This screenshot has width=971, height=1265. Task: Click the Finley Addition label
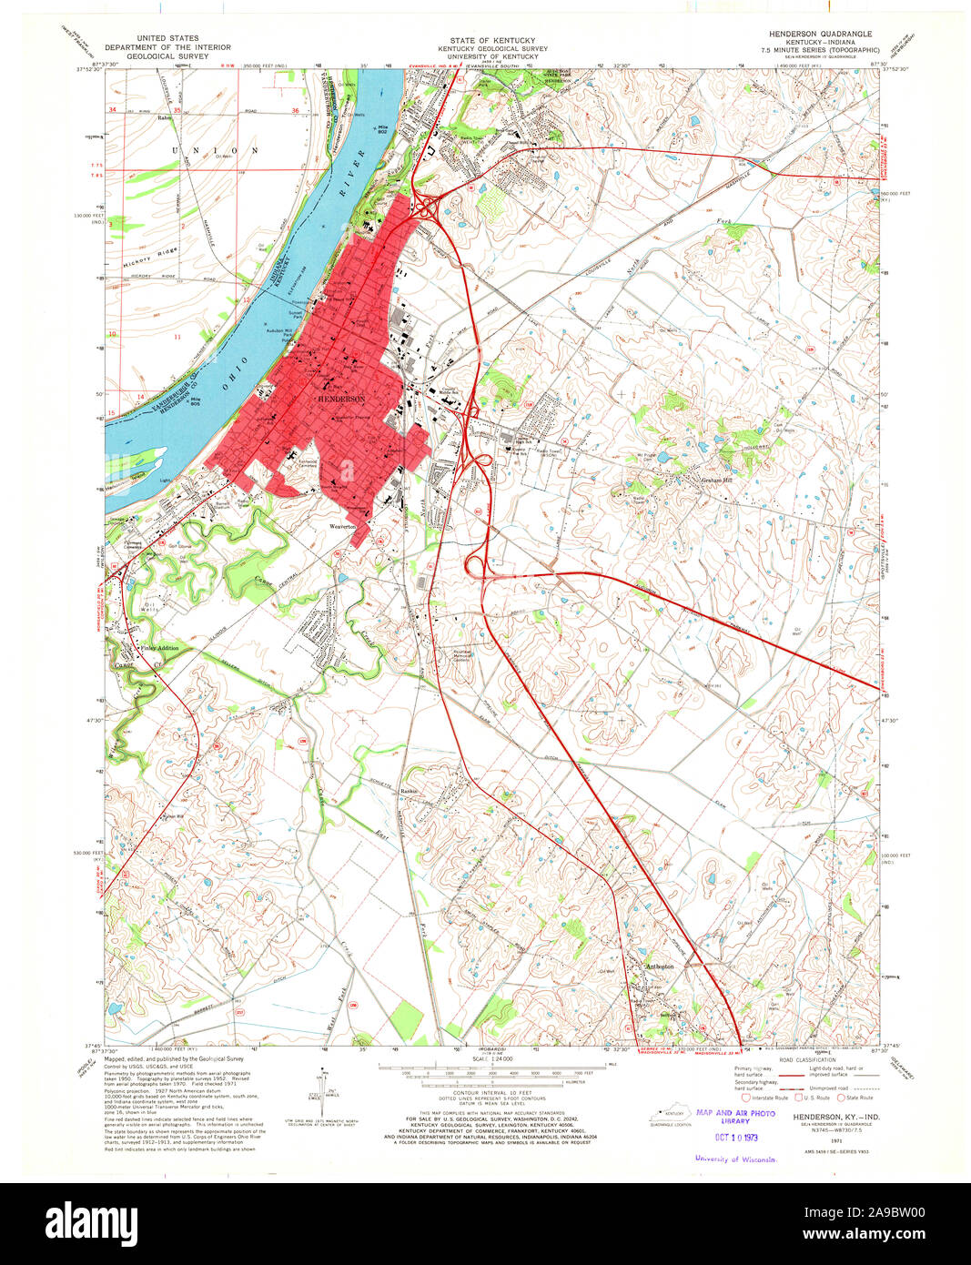(x=159, y=648)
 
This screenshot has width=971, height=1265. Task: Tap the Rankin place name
(x=409, y=791)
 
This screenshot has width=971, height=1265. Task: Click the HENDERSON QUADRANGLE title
(x=820, y=33)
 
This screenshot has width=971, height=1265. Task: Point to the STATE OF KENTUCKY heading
(x=485, y=41)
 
